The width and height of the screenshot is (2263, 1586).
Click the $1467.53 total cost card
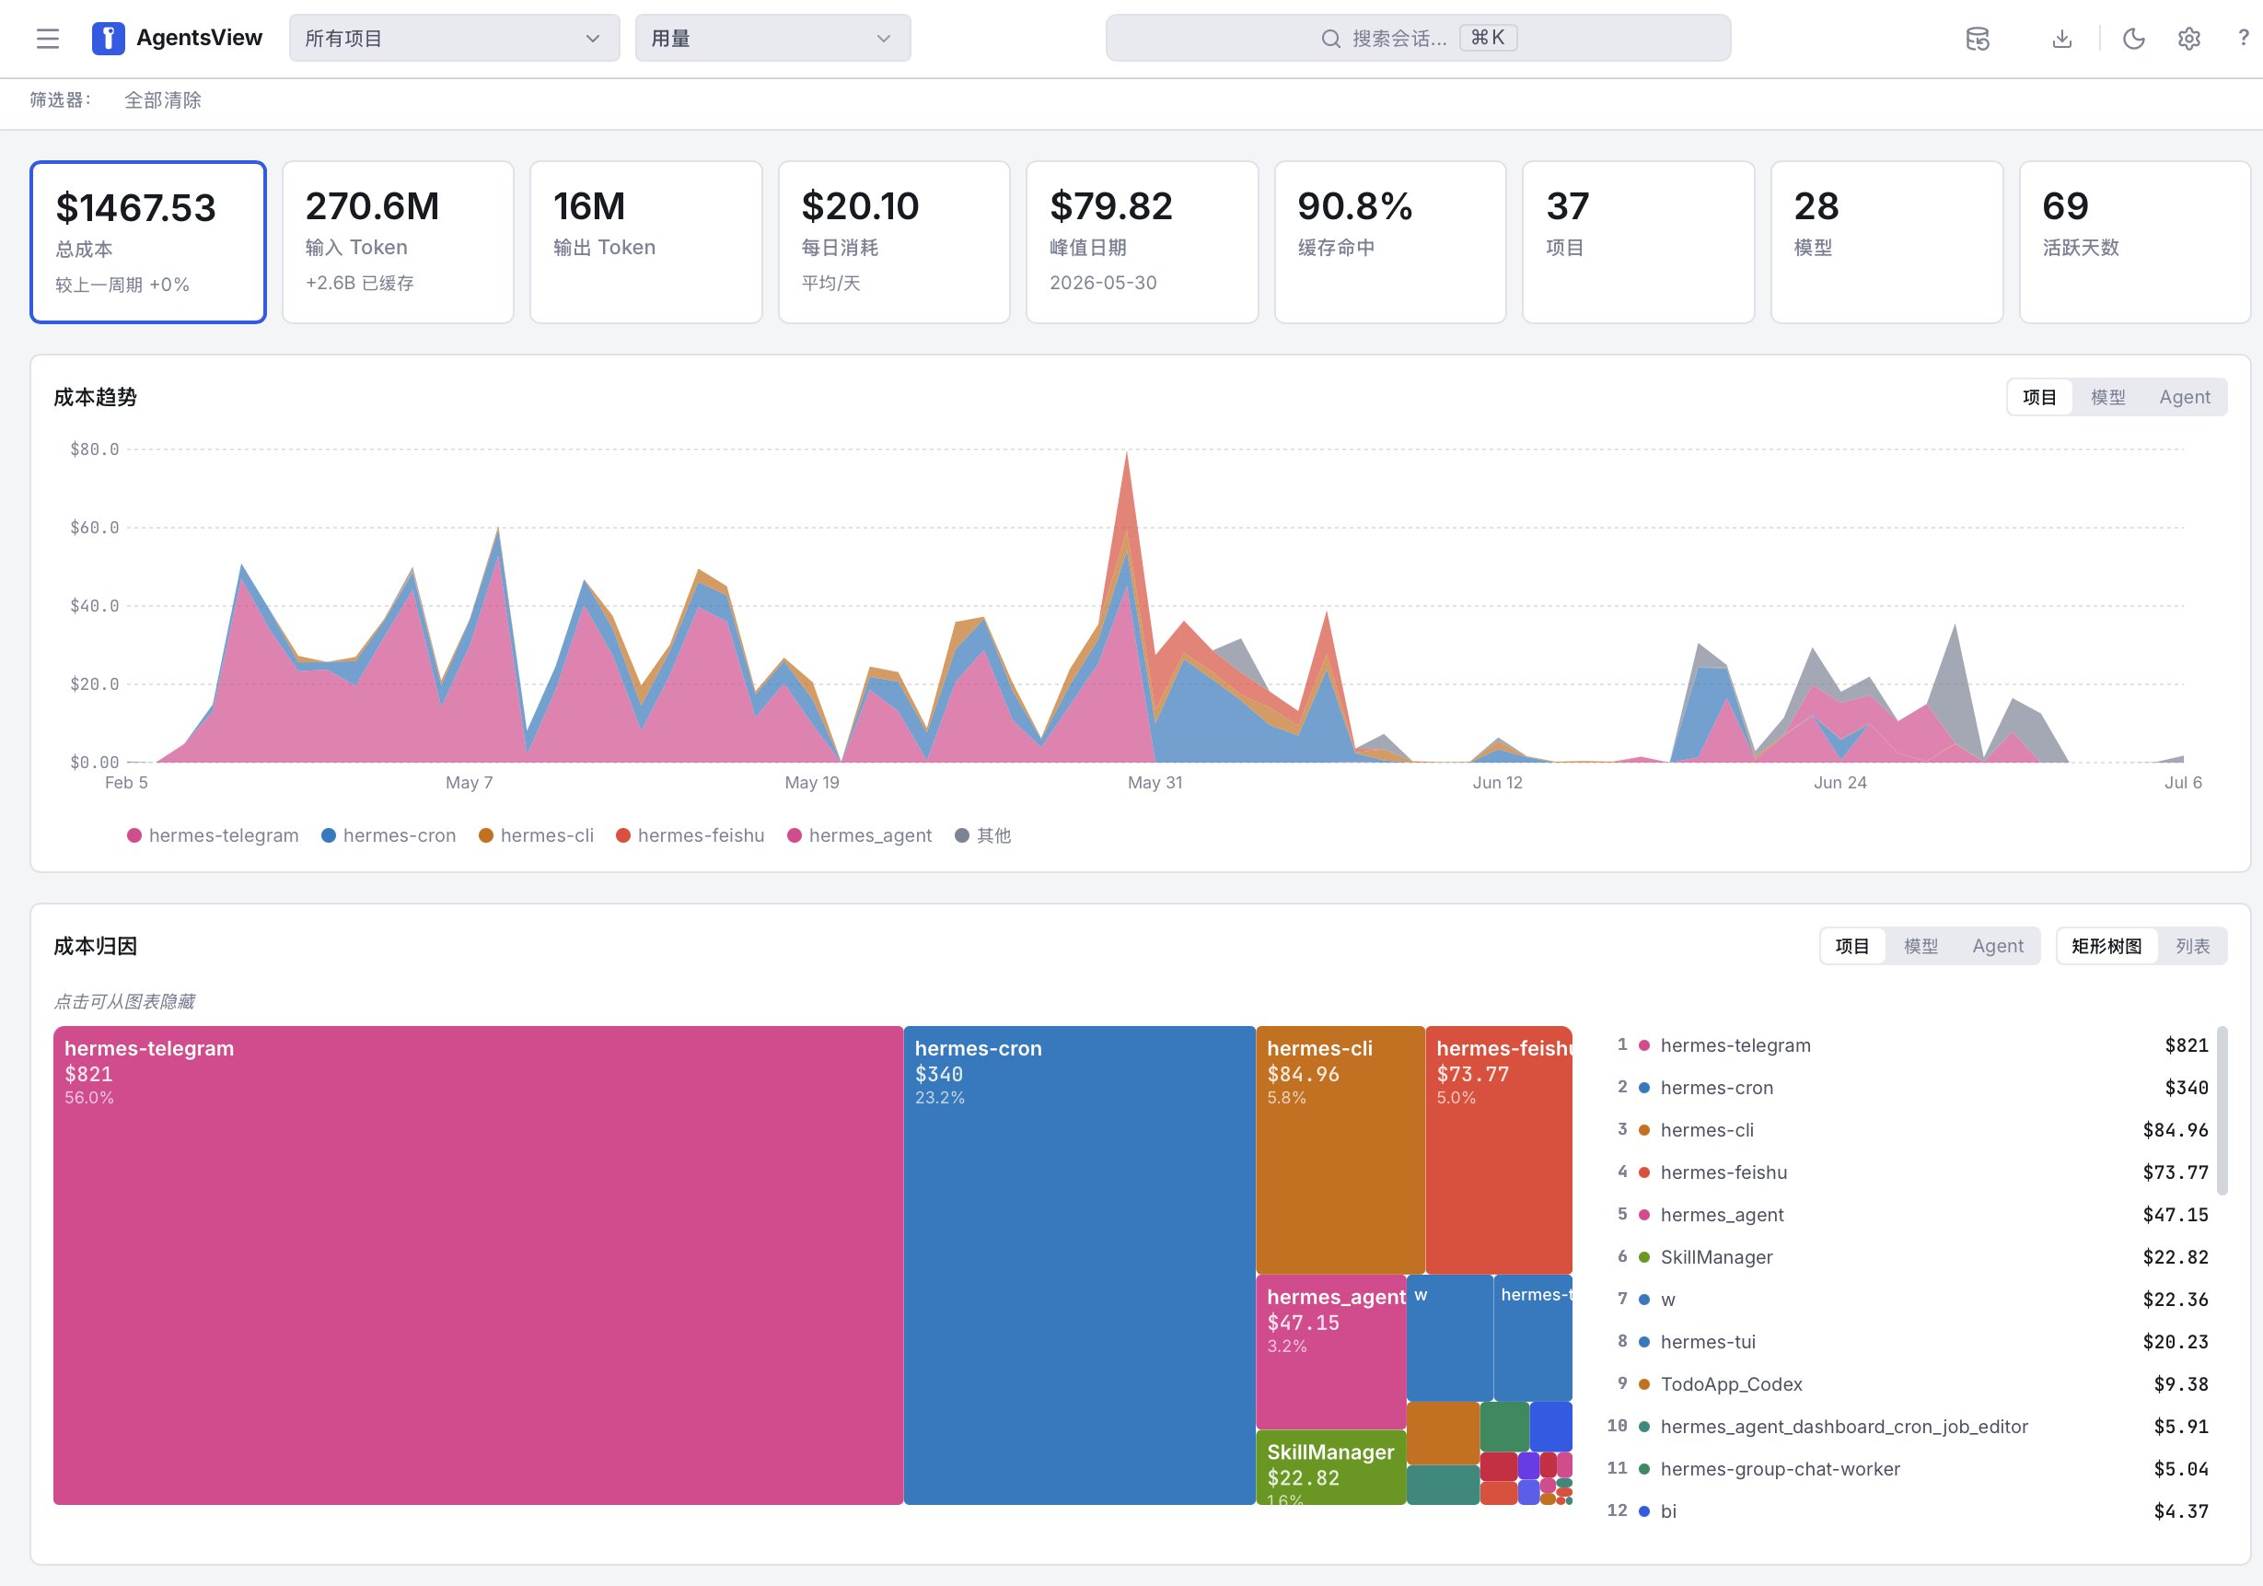point(148,241)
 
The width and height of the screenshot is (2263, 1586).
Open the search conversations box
point(1417,39)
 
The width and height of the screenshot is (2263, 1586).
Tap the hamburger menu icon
point(47,39)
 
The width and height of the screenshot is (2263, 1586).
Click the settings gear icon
point(2189,39)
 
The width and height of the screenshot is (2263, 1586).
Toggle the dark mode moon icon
point(2134,39)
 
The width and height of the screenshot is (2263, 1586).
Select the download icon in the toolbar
point(2062,39)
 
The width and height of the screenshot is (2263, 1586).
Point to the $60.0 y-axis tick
point(94,528)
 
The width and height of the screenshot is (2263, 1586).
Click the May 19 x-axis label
point(812,783)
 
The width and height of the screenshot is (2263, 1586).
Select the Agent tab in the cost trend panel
point(2184,397)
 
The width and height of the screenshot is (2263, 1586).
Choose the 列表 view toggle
point(2192,946)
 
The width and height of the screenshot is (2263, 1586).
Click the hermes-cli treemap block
point(1340,1149)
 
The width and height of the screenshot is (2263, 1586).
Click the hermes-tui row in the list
point(1911,1342)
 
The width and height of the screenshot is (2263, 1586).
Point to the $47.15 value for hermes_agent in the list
point(2176,1215)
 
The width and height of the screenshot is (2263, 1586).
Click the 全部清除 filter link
point(163,99)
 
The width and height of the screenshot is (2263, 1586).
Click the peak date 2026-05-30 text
point(1103,283)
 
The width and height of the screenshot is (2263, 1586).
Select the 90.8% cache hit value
point(1355,206)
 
